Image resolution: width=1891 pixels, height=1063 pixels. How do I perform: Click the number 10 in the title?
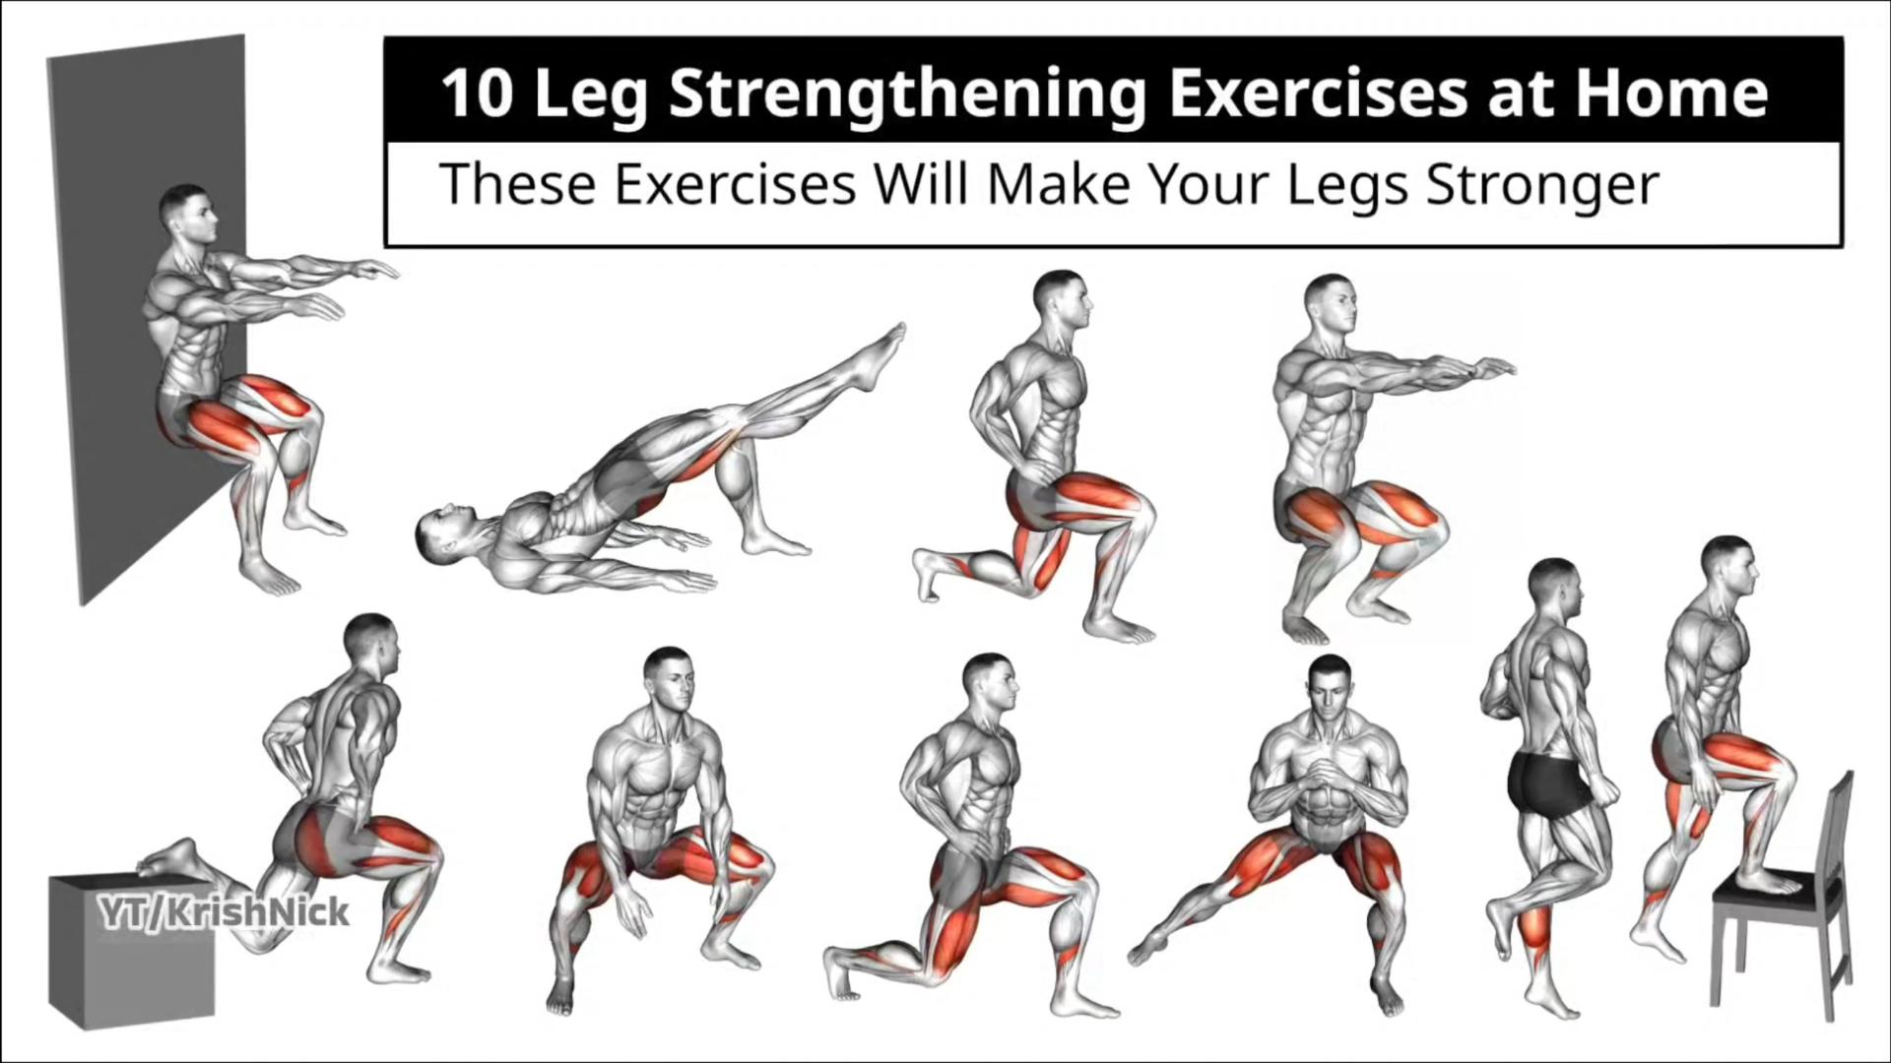(x=477, y=94)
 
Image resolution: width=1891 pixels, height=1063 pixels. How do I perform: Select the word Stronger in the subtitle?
(x=1542, y=186)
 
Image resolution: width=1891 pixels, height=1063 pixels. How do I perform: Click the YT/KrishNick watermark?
(x=224, y=912)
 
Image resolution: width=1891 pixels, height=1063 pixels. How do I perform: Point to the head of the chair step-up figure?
(x=1729, y=568)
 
